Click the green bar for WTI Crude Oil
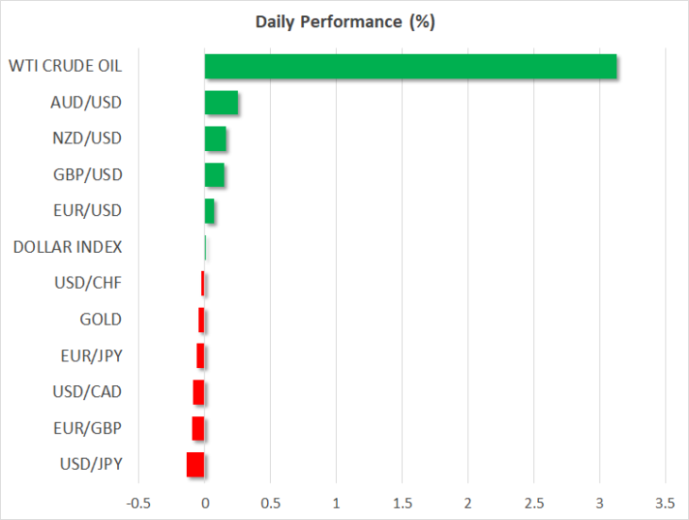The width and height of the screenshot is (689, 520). (x=411, y=66)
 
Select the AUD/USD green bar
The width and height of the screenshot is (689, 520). (x=221, y=102)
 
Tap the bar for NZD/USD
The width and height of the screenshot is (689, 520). (x=215, y=139)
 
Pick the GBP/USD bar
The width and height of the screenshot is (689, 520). (x=214, y=175)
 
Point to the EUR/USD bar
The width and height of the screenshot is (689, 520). (x=210, y=210)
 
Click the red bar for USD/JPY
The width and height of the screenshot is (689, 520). (x=195, y=464)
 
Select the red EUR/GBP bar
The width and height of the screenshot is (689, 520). (x=198, y=428)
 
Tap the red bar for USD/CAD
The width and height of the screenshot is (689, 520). (x=198, y=393)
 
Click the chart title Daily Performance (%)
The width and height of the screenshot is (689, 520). (x=344, y=22)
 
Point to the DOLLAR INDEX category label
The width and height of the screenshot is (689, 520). (x=68, y=247)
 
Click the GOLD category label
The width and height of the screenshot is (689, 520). (x=101, y=319)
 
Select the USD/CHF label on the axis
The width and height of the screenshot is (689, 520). (x=88, y=283)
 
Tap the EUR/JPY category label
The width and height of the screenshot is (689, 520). (x=92, y=356)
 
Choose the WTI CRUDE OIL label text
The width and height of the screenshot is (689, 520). (x=65, y=66)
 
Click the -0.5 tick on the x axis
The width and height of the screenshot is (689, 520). (x=139, y=503)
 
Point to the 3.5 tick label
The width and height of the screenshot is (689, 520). (x=665, y=503)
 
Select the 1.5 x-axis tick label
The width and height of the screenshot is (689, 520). (x=402, y=503)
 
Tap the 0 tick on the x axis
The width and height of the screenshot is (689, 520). (x=205, y=503)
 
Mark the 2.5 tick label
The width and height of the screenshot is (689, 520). (x=534, y=503)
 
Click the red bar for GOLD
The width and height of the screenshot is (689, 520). (x=201, y=320)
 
